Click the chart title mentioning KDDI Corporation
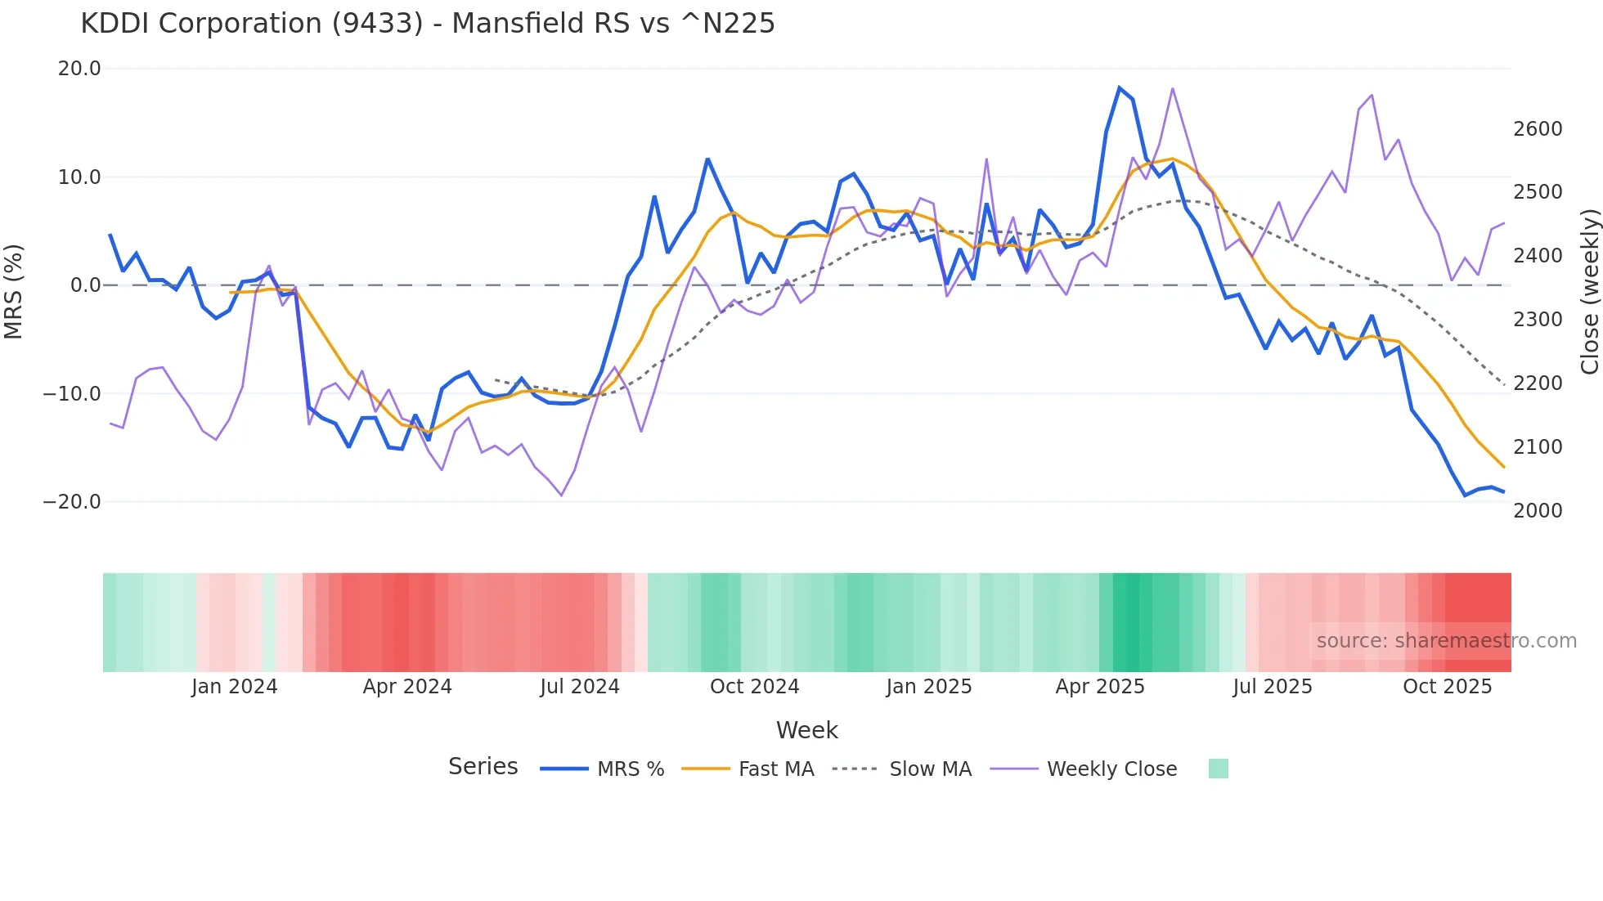tap(427, 24)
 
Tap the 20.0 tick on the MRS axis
tap(79, 69)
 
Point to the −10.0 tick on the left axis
tap(72, 393)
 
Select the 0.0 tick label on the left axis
tap(86, 285)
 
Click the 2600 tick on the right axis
tap(1538, 129)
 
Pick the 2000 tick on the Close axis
tap(1538, 511)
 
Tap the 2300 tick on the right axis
tap(1538, 320)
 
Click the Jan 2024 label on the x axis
tap(235, 687)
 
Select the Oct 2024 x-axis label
tap(754, 687)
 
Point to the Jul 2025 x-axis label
tap(1273, 687)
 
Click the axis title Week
tap(806, 730)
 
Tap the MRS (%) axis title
tap(14, 291)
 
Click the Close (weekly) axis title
tap(1589, 291)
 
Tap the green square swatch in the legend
tap(1218, 769)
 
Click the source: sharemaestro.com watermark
tap(1446, 641)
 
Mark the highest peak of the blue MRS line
tap(1119, 87)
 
